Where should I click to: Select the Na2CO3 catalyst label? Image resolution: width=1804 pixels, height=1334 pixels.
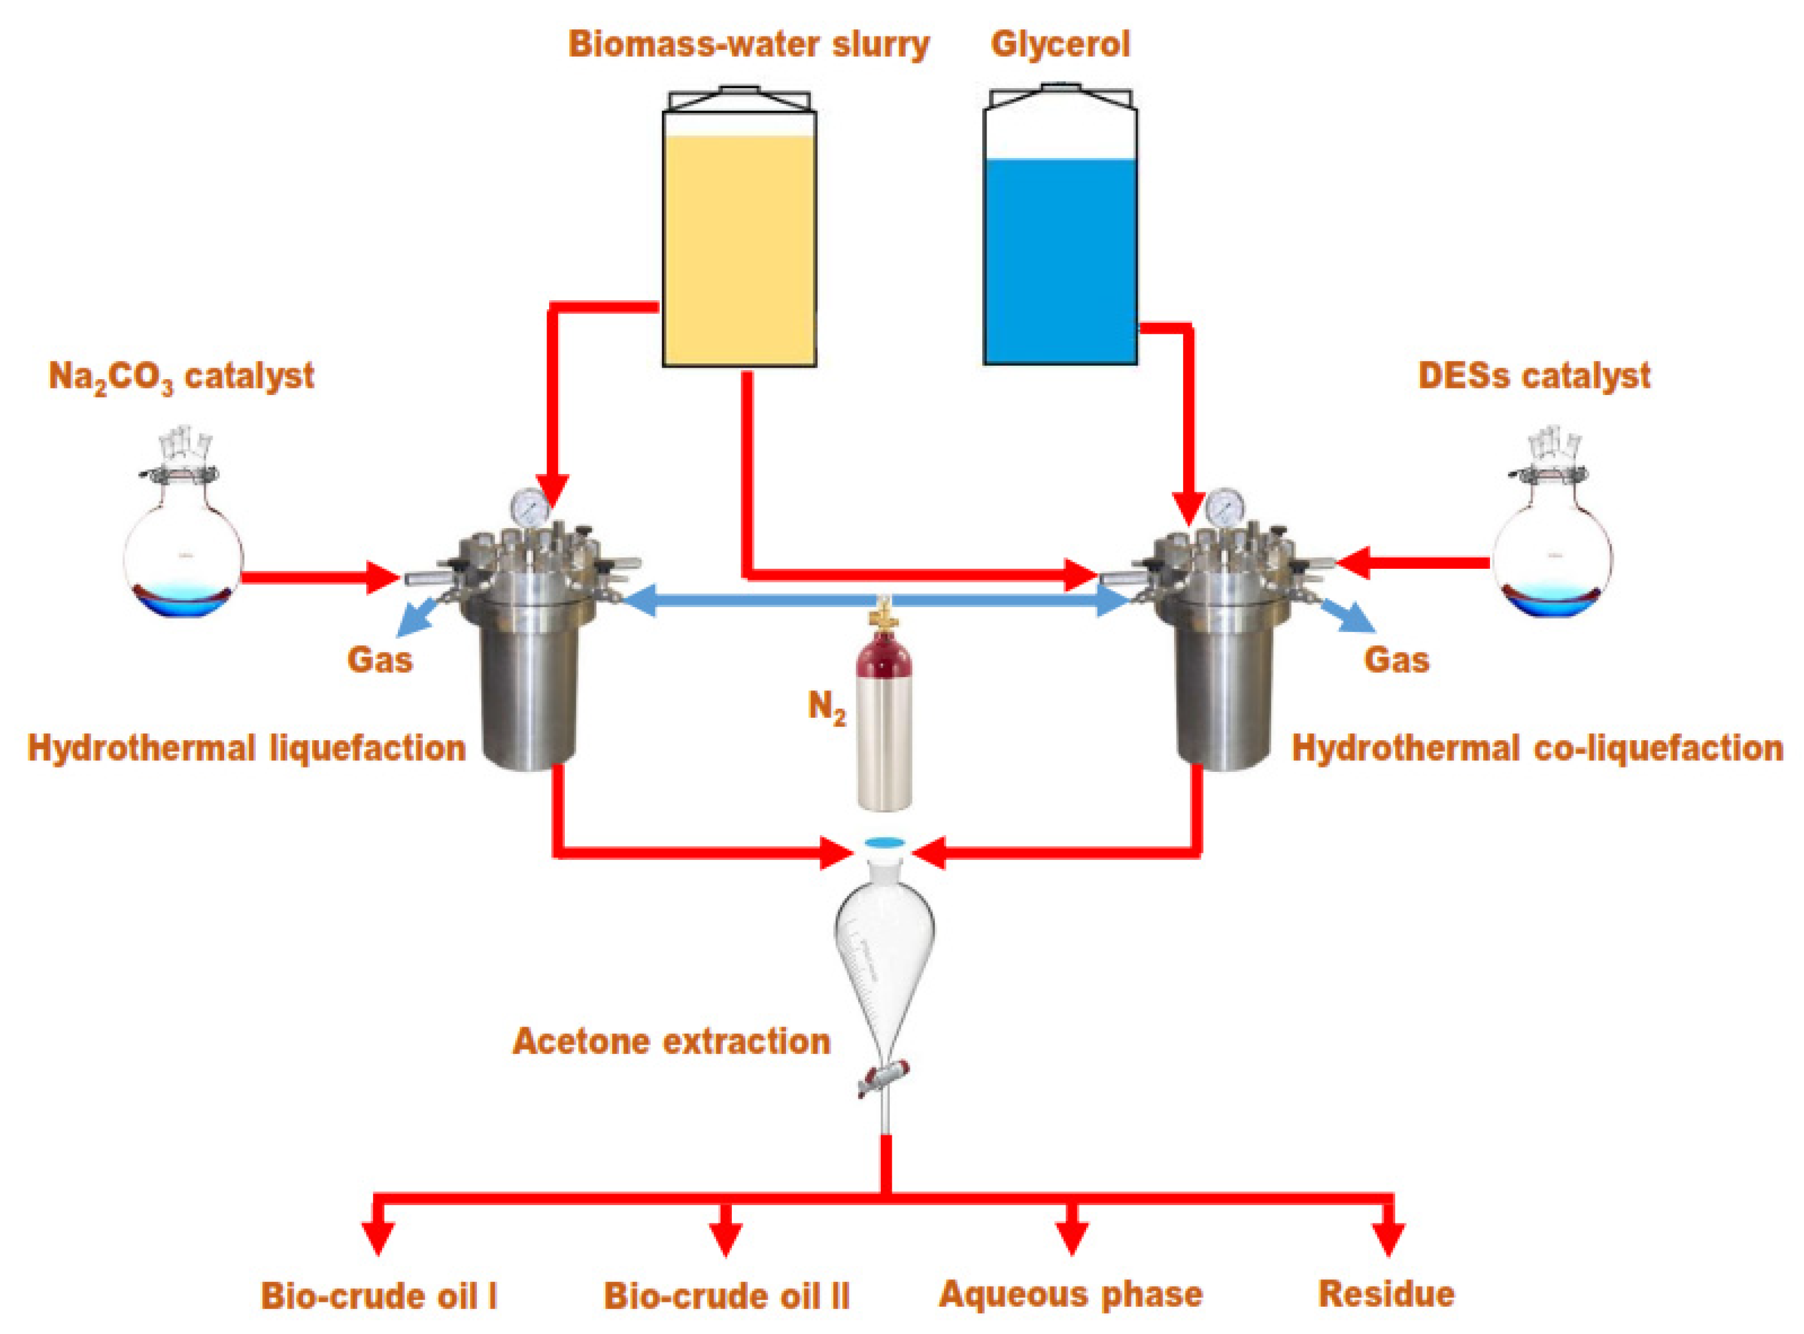point(181,377)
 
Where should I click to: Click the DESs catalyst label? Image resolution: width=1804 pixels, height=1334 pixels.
point(1534,376)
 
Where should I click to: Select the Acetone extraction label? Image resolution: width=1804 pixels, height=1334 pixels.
point(672,1042)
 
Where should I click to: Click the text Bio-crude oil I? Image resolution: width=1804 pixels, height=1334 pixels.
point(378,1296)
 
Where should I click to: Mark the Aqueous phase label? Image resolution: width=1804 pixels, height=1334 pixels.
point(1071,1294)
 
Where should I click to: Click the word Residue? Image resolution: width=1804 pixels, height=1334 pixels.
point(1387,1294)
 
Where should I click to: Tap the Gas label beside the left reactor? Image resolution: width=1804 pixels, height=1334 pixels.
point(380,660)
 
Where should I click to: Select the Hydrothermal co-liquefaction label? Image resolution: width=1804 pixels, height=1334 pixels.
point(1537,749)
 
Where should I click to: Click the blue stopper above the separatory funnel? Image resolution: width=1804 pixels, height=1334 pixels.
point(884,842)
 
